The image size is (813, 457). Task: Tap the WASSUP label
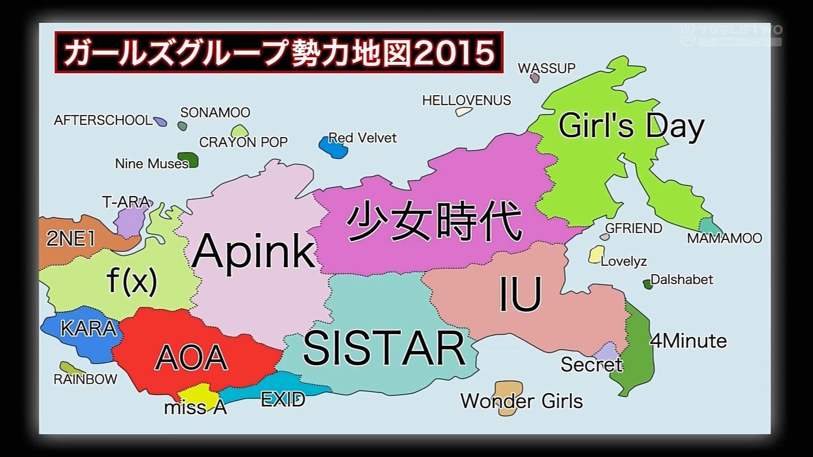tap(546, 68)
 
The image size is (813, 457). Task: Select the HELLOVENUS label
tap(466, 100)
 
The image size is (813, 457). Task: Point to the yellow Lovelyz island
tap(596, 254)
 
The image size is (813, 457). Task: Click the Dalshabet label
tap(681, 279)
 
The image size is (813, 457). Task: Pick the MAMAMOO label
tap(724, 238)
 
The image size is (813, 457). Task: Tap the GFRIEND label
tap(633, 228)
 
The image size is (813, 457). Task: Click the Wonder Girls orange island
tap(508, 391)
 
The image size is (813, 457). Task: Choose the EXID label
tap(283, 399)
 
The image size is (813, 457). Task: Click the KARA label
tap(88, 328)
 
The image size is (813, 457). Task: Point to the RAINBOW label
tap(85, 379)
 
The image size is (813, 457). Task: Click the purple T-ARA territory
tap(129, 220)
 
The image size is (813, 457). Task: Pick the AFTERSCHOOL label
tap(102, 120)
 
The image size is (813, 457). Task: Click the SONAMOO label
tap(215, 112)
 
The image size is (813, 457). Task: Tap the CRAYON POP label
tap(243, 142)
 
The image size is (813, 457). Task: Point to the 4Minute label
tap(689, 341)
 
